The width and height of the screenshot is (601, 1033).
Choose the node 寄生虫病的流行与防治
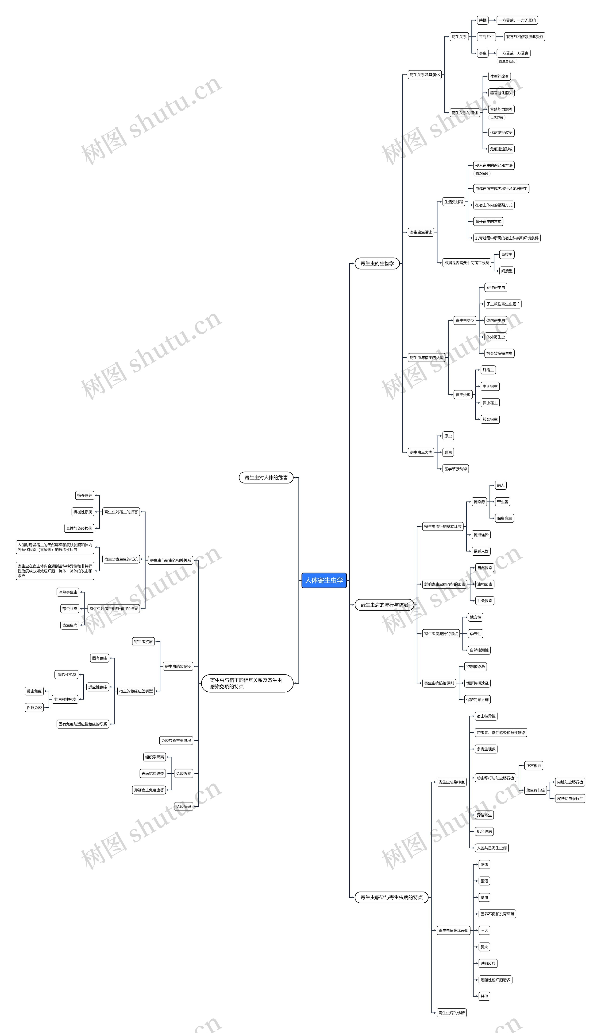point(384,605)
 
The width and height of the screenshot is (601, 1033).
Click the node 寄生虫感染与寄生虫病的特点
point(391,897)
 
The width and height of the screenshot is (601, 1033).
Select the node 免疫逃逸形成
point(501,149)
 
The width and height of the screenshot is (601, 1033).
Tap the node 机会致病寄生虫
point(499,353)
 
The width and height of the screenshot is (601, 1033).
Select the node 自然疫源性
point(479,650)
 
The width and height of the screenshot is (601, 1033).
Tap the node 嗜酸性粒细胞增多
point(495,980)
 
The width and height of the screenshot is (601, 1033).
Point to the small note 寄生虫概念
point(507,62)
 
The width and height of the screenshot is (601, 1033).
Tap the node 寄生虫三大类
point(421,452)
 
